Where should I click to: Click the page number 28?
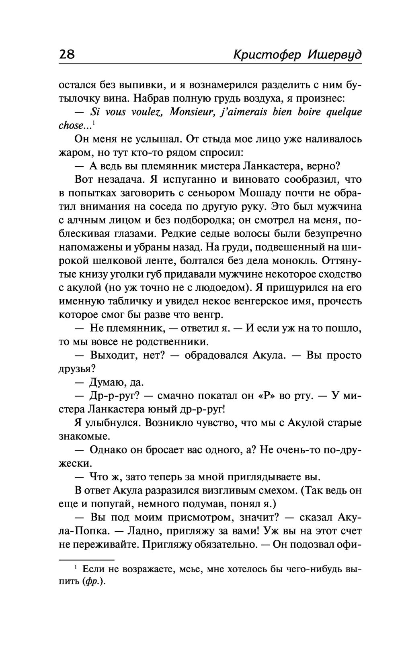click(x=67, y=54)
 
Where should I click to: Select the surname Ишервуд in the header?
click(x=334, y=55)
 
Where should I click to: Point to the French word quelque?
click(x=344, y=112)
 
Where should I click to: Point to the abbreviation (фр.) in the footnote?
click(x=94, y=583)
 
